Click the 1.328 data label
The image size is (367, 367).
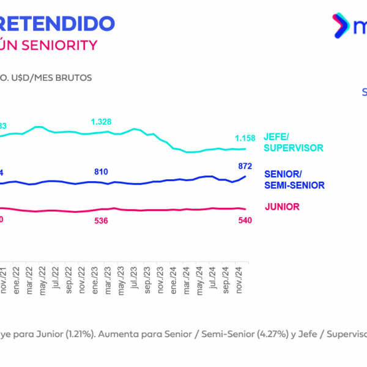click(x=101, y=122)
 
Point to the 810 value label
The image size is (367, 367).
click(x=102, y=172)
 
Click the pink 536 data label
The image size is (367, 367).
click(x=102, y=220)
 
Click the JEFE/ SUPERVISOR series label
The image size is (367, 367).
click(x=293, y=143)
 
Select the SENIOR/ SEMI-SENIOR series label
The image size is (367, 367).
click(x=294, y=179)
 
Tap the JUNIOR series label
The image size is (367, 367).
click(x=282, y=207)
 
